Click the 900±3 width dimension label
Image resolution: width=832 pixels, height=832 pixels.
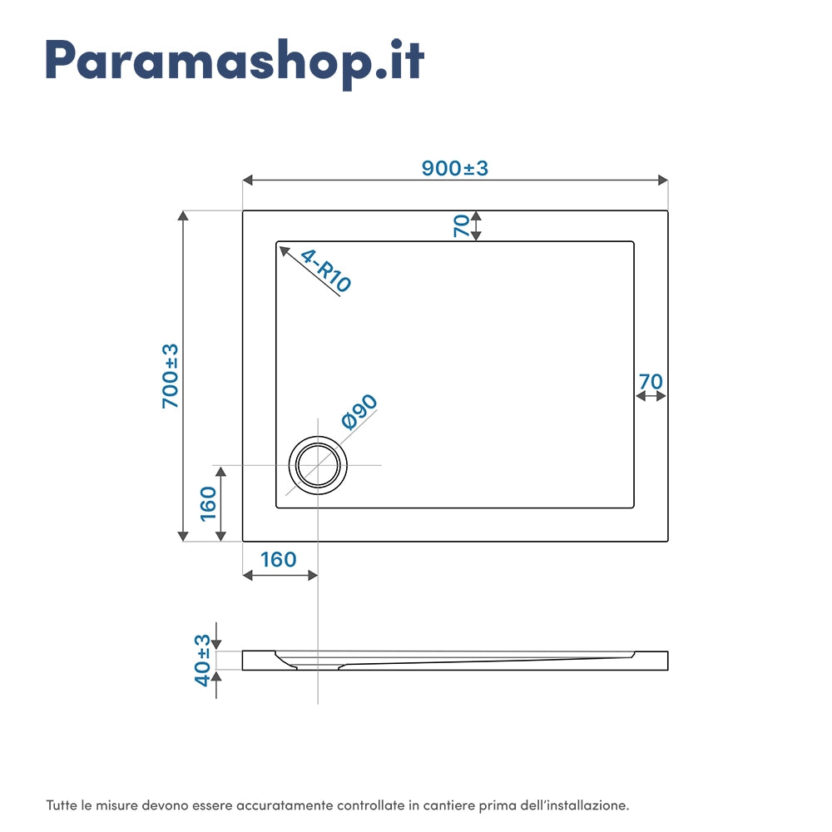pyautogui.click(x=454, y=168)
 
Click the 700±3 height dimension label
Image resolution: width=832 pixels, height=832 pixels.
pyautogui.click(x=171, y=375)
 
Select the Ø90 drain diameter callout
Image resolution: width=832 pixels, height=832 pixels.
pyautogui.click(x=359, y=411)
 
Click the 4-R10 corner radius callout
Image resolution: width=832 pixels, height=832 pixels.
pyautogui.click(x=325, y=270)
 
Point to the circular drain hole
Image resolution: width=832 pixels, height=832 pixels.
pyautogui.click(x=317, y=464)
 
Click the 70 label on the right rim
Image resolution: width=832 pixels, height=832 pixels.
pyautogui.click(x=650, y=381)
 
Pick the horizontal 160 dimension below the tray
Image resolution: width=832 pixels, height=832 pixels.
pyautogui.click(x=278, y=559)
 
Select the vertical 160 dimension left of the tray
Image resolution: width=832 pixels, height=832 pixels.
pyautogui.click(x=207, y=503)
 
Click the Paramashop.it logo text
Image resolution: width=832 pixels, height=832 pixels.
pyautogui.click(x=235, y=60)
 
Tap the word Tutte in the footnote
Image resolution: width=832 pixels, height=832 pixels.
pyautogui.click(x=62, y=805)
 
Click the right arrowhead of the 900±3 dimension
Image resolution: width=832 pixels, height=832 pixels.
pyautogui.click(x=664, y=180)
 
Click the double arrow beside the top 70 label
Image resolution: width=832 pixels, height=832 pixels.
pyautogui.click(x=476, y=225)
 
